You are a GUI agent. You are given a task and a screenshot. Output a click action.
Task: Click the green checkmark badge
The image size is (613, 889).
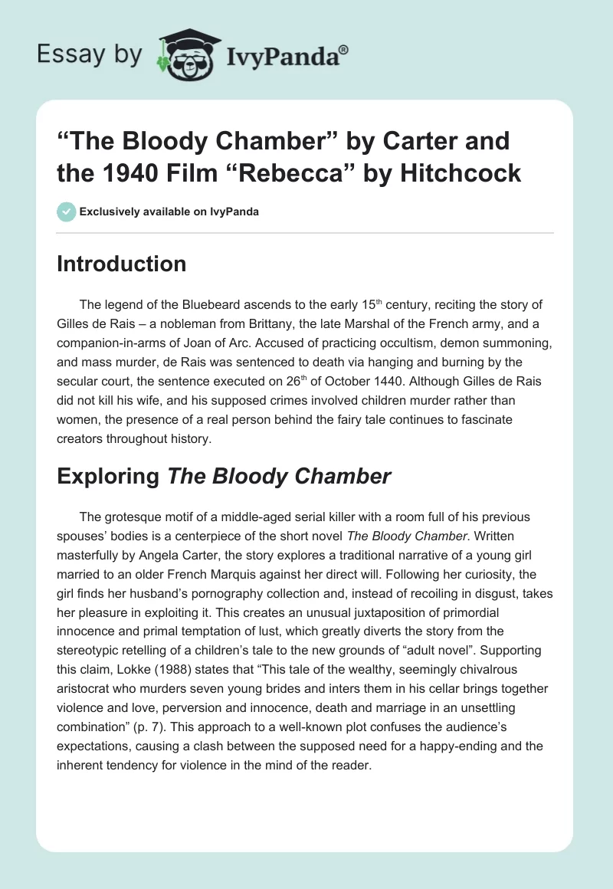click(x=67, y=212)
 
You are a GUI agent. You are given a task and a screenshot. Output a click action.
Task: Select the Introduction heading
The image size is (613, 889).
click(x=122, y=264)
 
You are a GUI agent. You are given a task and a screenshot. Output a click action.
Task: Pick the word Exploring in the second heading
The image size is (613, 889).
click(x=108, y=476)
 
